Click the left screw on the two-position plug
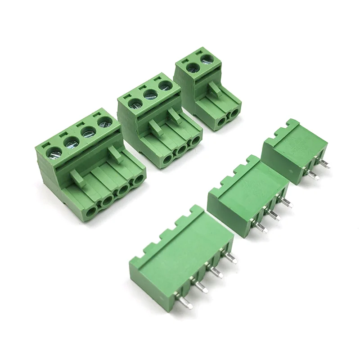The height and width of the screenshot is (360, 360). [193, 67]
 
